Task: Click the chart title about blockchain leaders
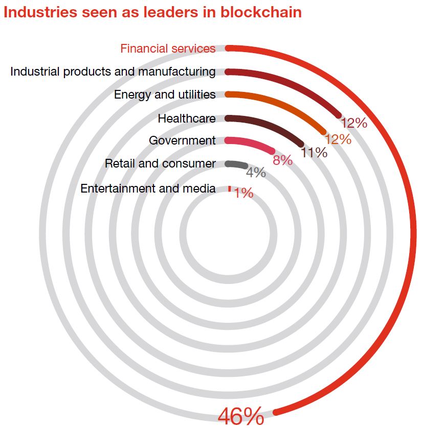pos(152,12)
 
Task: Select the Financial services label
pos(168,49)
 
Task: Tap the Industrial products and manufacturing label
pos(113,72)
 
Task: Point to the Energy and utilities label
pos(165,94)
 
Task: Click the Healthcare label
pos(187,118)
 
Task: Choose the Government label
pos(182,140)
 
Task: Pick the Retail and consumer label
pos(160,163)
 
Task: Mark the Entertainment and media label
pos(148,188)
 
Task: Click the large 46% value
pos(241,416)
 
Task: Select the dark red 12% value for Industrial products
pos(354,123)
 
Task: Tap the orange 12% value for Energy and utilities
pos(338,139)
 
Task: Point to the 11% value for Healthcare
pos(314,152)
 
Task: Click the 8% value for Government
pos(282,160)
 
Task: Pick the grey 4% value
pos(256,173)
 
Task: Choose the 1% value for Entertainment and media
pos(244,193)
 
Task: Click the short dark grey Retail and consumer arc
pos(236,164)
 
